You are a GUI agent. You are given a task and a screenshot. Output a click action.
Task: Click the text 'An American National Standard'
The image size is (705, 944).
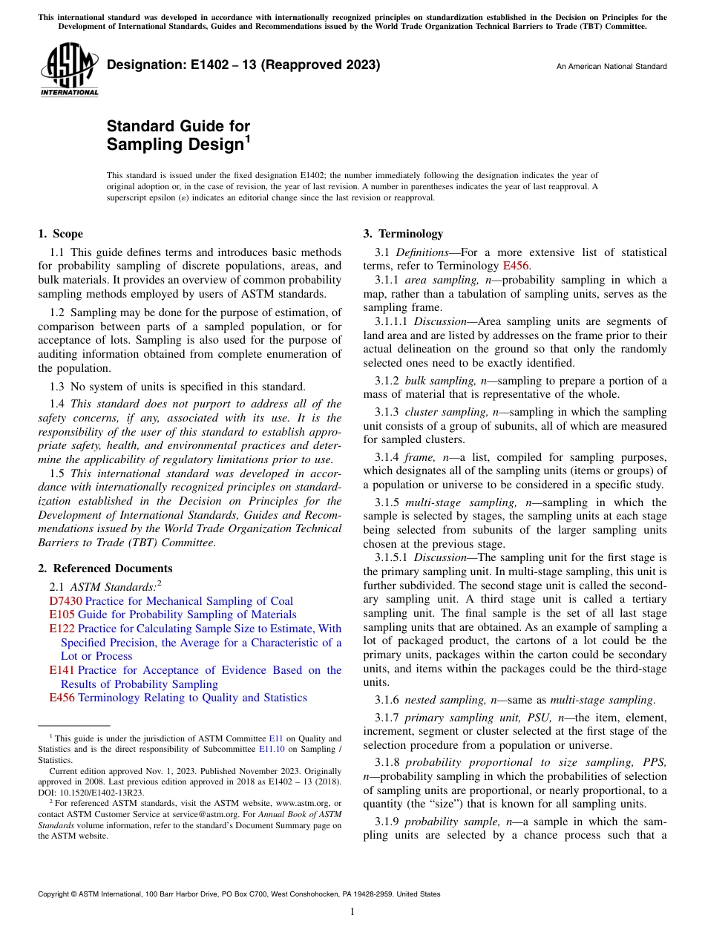point(611,67)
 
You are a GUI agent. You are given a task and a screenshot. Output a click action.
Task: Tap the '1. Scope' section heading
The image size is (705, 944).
point(60,234)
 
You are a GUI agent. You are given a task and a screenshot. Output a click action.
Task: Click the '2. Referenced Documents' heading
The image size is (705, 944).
point(105,568)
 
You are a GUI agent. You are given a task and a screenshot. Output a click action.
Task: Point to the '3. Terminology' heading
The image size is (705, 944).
point(403,234)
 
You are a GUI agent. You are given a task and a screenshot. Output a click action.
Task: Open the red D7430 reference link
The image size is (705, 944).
point(65,601)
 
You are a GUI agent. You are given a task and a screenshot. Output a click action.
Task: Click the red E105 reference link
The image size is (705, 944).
point(62,614)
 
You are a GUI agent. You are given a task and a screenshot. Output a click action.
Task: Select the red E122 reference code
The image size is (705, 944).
point(62,629)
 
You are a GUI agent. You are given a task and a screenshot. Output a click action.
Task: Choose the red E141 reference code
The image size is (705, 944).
point(62,670)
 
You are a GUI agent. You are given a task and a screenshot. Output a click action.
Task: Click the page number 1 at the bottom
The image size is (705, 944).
point(352,912)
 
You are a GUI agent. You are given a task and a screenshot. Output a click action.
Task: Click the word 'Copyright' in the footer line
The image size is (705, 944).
point(55,894)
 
